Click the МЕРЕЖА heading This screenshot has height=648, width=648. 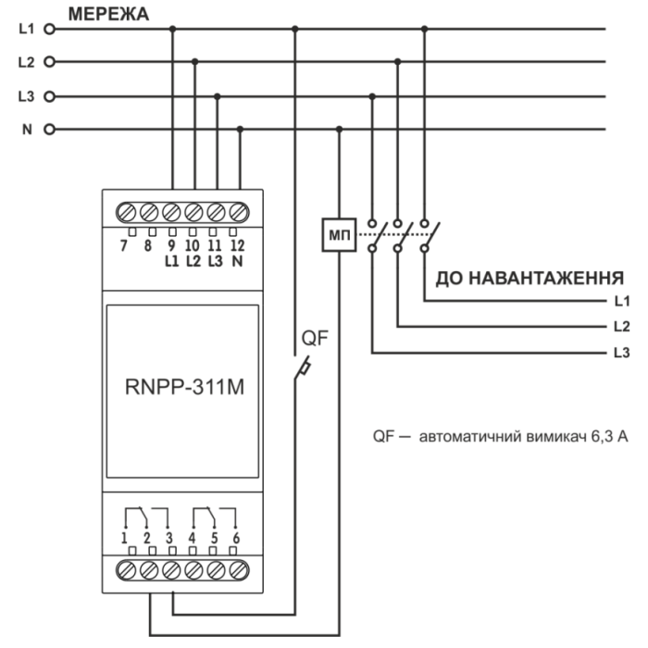(107, 13)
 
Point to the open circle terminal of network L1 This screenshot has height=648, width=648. (50, 29)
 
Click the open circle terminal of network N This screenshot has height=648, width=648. (50, 129)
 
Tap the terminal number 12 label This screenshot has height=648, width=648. (239, 246)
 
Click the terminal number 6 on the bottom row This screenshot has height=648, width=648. (238, 538)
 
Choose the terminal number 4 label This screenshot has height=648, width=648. (193, 538)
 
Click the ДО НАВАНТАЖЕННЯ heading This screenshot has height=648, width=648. (528, 278)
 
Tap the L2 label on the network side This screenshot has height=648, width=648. (26, 62)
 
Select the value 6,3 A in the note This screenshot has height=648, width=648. (609, 432)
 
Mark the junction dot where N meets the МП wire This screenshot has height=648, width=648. (340, 129)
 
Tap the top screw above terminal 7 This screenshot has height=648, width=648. (127, 211)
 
